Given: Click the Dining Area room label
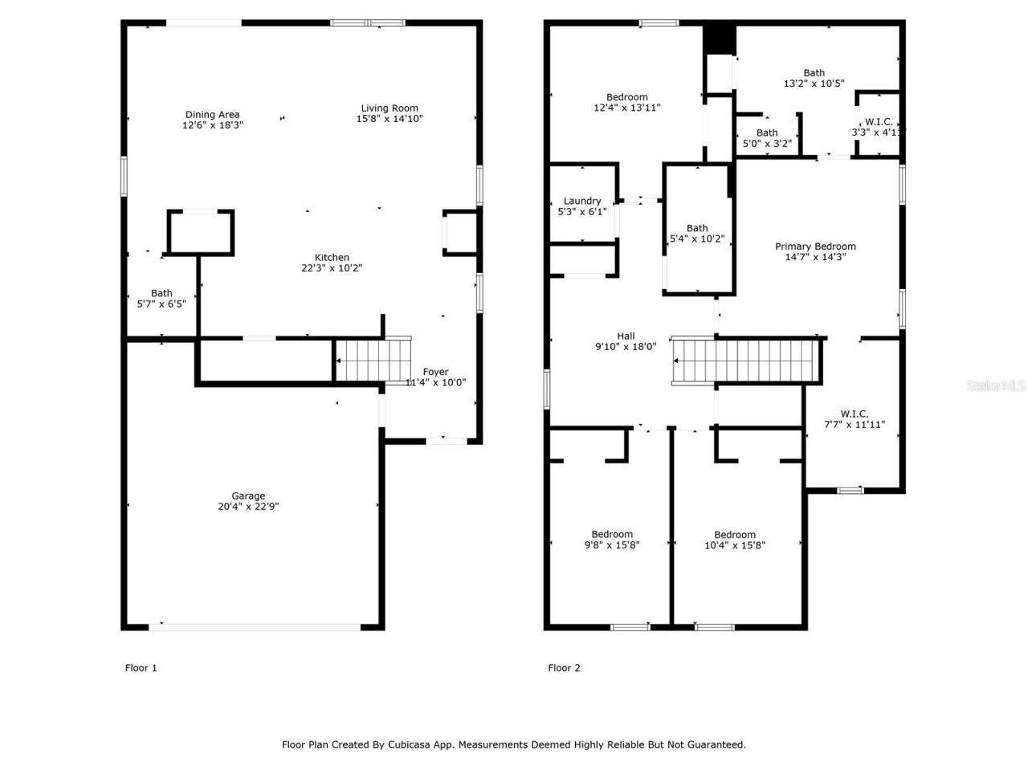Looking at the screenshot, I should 212,115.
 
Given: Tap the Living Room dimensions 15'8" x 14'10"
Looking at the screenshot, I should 390,119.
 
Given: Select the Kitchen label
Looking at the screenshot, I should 331,258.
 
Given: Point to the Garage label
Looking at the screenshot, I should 248,496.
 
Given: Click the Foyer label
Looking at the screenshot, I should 435,372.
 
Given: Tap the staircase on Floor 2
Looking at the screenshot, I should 748,360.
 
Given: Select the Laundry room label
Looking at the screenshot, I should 582,202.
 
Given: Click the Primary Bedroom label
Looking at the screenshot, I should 815,247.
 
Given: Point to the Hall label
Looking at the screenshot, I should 626,337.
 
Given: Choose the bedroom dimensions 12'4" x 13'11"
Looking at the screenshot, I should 627,108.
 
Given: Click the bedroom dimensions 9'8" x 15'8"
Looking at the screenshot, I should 612,545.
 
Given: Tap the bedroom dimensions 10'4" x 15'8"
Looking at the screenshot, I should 735,545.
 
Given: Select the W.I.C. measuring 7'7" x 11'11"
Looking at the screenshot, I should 855,424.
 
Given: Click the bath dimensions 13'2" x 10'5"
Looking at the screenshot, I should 814,84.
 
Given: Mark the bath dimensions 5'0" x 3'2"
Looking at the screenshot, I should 767,144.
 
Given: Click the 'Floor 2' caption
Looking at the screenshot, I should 564,667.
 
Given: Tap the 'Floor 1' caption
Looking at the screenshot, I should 141,667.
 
